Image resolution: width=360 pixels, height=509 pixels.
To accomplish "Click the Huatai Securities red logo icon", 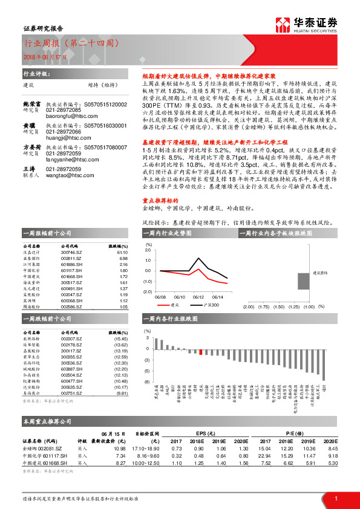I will (282, 24).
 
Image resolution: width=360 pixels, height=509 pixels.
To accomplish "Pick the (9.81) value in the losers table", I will (121, 393).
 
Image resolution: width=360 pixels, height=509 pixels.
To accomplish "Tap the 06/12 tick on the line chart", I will (198, 297).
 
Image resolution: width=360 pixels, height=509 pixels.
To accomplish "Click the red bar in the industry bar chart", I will (200, 352).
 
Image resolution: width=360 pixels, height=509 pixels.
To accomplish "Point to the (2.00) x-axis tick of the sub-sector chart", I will (247, 307).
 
